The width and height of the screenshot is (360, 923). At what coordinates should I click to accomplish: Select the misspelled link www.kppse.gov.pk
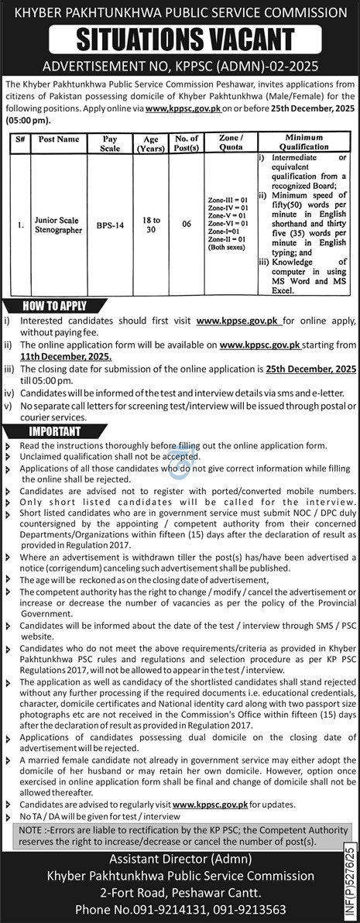(x=238, y=320)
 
